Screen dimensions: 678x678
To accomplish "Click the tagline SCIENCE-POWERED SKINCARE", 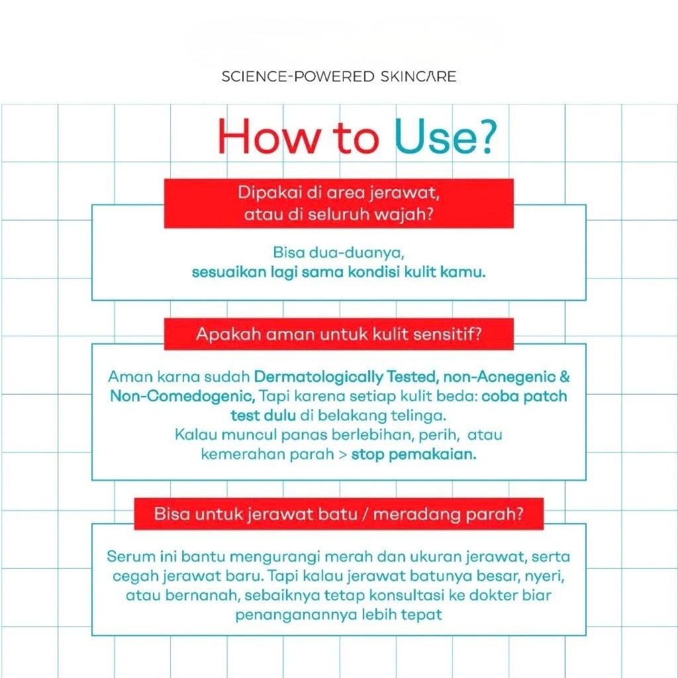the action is point(338,77).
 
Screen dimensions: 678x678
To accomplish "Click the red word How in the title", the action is point(269,136).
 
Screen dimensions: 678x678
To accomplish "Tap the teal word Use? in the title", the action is point(446,136).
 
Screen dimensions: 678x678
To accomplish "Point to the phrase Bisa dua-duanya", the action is point(338,253).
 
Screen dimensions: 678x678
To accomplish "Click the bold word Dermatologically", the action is point(318,377).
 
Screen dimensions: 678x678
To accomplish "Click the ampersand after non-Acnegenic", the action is point(565,377).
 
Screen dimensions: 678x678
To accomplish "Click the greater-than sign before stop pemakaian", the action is point(343,455).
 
